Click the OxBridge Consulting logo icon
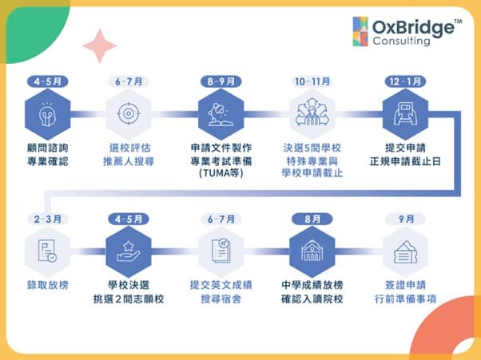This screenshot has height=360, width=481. pyautogui.click(x=360, y=30)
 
